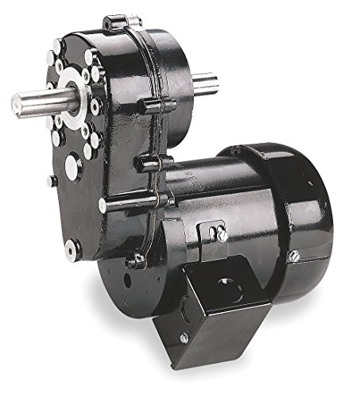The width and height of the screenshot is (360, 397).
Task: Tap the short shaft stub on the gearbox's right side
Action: click(203, 83)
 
